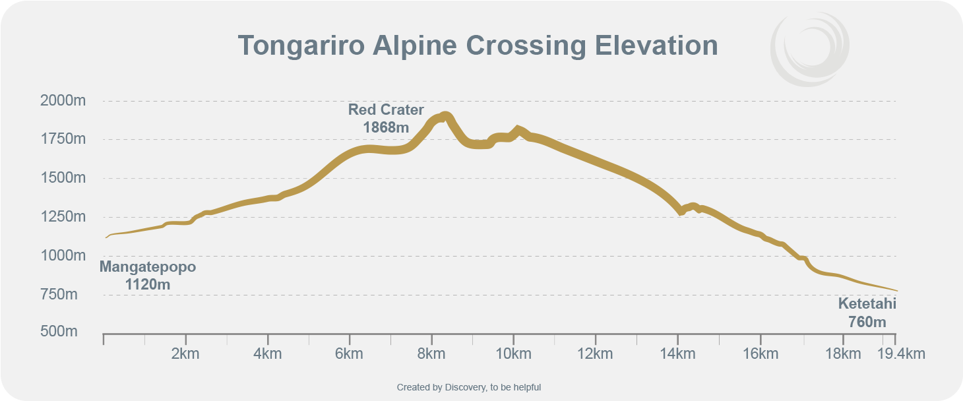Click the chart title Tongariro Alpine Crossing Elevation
pos(478,46)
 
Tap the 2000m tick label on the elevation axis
pos(63,101)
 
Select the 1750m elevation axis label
pos(63,139)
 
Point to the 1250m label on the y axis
pos(63,216)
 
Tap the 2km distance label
pos(185,354)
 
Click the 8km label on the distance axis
pos(431,354)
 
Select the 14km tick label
pos(677,354)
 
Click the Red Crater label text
pos(386,109)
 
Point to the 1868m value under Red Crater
pos(386,127)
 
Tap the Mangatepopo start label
pos(148,267)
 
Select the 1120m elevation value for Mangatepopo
pos(148,284)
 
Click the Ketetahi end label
pos(867,304)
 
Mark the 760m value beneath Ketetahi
pos(867,322)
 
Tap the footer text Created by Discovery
pos(468,387)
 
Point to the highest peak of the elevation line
pos(445,115)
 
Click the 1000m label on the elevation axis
pos(63,255)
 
